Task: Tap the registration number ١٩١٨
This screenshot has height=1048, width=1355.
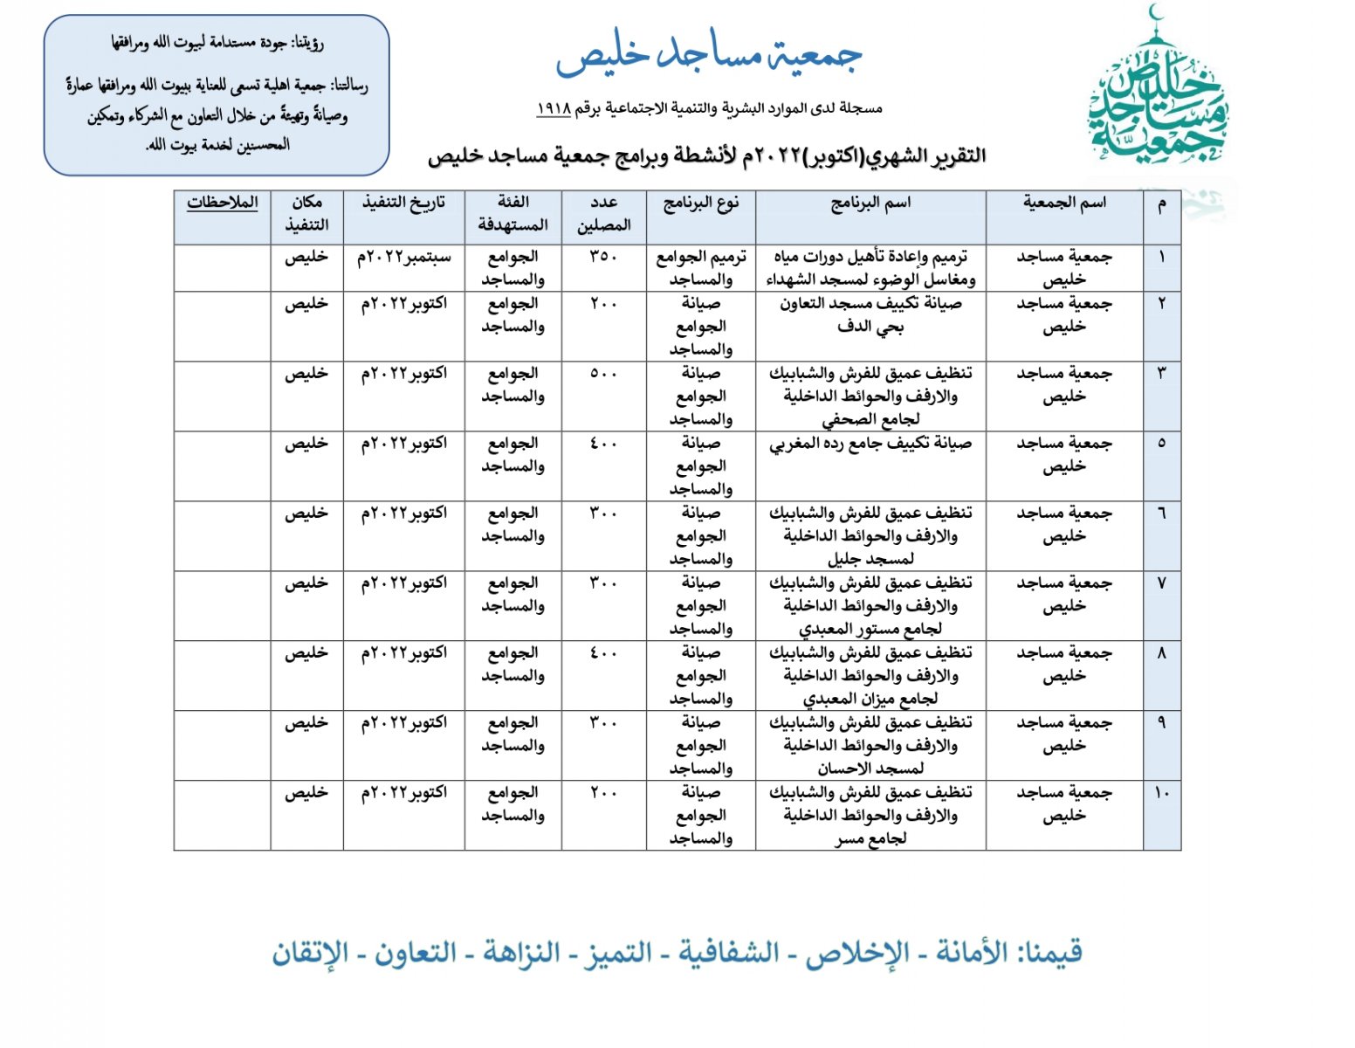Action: click(553, 108)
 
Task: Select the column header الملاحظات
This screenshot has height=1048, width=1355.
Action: click(223, 203)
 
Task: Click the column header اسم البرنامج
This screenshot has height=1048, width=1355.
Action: click(870, 203)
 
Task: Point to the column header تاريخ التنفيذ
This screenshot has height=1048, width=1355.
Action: click(403, 203)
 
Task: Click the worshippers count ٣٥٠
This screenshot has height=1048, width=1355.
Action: click(603, 257)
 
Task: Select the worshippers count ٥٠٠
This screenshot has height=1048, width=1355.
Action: click(603, 374)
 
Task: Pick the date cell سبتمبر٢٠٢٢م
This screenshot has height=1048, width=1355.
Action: click(403, 258)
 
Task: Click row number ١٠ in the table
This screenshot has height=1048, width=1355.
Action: click(1161, 793)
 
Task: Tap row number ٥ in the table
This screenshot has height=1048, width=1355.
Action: click(1161, 444)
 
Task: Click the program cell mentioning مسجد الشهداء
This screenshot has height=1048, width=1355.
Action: click(870, 268)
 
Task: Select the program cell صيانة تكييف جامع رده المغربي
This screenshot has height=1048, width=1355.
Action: click(870, 445)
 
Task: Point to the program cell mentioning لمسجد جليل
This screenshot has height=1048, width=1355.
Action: click(870, 535)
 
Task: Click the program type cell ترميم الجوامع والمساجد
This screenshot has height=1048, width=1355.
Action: click(701, 268)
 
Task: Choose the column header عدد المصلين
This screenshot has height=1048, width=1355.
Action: click(603, 214)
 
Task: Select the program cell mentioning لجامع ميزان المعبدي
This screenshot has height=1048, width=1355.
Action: click(870, 675)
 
